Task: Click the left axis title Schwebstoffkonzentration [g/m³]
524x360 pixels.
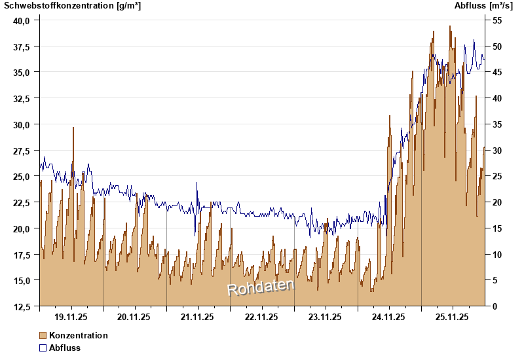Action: point(72,6)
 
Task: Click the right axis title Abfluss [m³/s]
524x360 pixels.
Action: point(483,6)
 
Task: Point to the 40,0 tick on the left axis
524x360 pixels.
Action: point(22,20)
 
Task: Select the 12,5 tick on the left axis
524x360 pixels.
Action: point(22,306)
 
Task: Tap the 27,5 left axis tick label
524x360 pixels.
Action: point(22,151)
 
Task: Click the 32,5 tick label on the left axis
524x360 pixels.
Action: point(22,98)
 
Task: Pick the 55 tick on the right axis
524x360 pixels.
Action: point(496,20)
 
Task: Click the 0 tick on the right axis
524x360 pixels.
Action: point(494,306)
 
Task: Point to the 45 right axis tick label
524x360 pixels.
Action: point(496,72)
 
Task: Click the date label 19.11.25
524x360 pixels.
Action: point(71,317)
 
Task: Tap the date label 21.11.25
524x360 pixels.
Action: point(198,317)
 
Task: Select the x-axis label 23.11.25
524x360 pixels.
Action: point(326,317)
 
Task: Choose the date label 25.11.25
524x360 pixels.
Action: point(453,317)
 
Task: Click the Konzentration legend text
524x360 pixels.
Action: point(79,335)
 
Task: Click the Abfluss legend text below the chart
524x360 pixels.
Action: point(65,348)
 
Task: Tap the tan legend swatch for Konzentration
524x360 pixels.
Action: point(43,335)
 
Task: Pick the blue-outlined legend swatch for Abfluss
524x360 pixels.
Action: point(43,348)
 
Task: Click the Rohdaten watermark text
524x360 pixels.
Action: point(261,287)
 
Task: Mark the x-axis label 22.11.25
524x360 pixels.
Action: point(261,317)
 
